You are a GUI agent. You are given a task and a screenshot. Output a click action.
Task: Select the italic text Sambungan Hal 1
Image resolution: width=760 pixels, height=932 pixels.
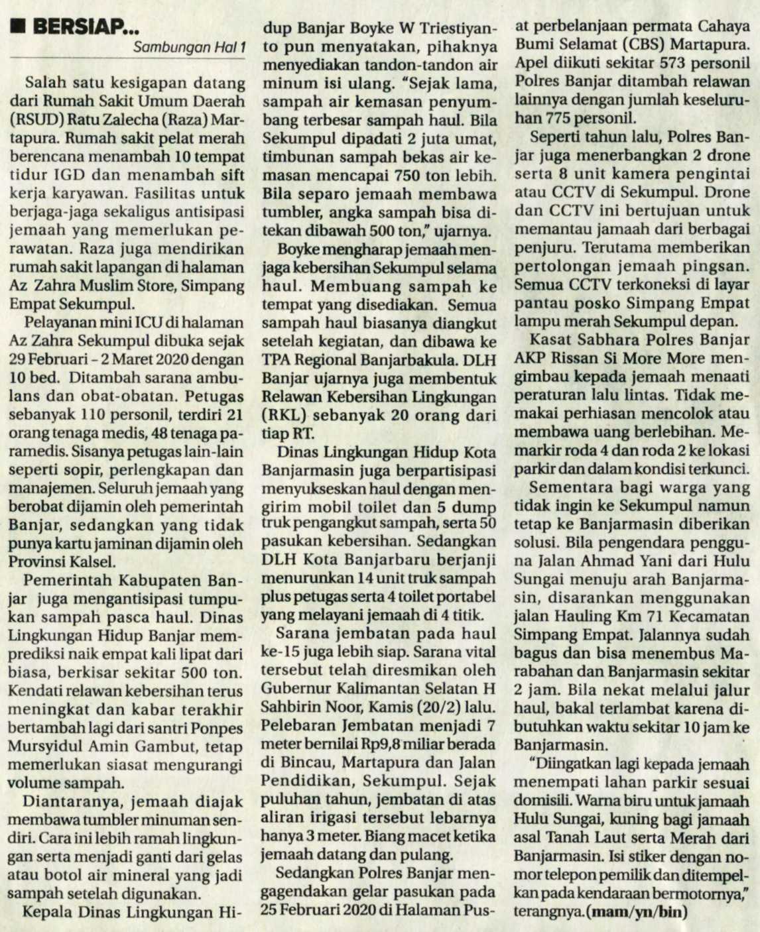click(x=189, y=47)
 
